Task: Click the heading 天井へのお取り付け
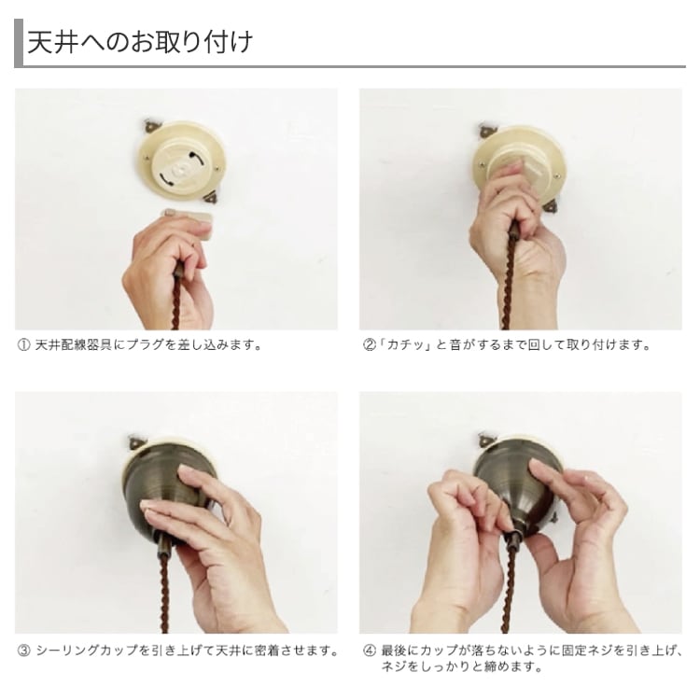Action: [x=140, y=43]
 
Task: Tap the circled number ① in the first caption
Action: [x=23, y=345]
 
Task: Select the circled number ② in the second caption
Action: [x=370, y=345]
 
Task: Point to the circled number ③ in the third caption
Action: [x=23, y=651]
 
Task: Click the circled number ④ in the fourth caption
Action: [x=370, y=651]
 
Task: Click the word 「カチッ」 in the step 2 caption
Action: [x=404, y=345]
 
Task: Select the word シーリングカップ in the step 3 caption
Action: [x=87, y=651]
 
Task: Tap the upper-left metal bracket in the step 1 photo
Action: [x=151, y=126]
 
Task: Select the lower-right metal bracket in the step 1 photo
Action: [x=210, y=196]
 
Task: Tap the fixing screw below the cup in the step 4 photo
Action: [x=513, y=539]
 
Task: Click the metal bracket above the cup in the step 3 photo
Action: [x=135, y=441]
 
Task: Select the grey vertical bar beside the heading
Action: [x=19, y=43]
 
